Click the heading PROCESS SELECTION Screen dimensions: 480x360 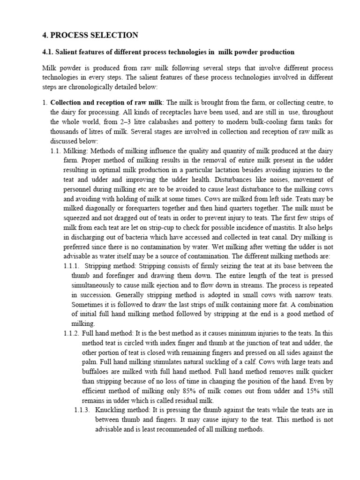click(94, 35)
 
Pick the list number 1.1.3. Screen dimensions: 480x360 click(84, 410)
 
